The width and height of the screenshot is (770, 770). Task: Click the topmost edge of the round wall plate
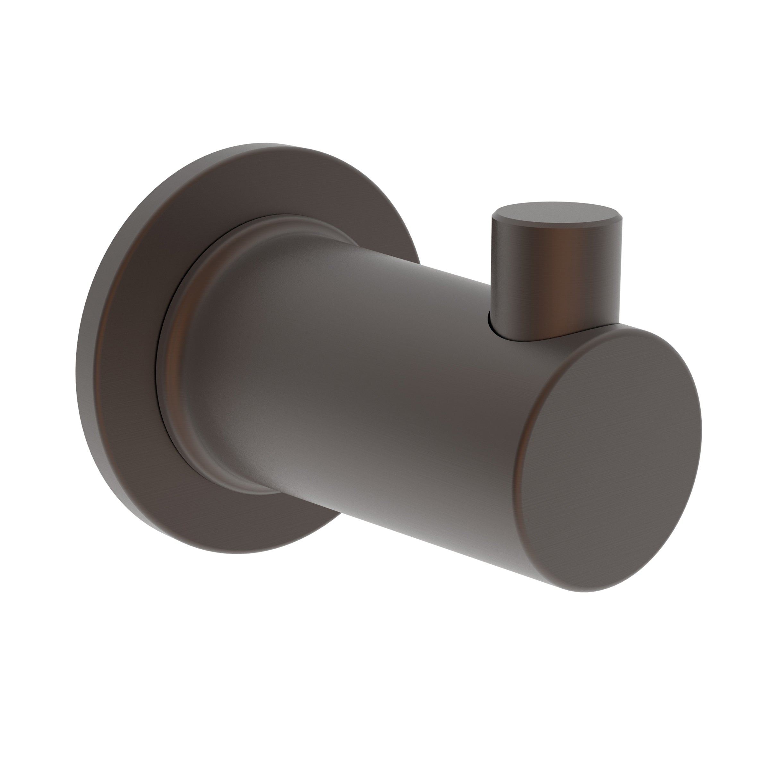(255, 144)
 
